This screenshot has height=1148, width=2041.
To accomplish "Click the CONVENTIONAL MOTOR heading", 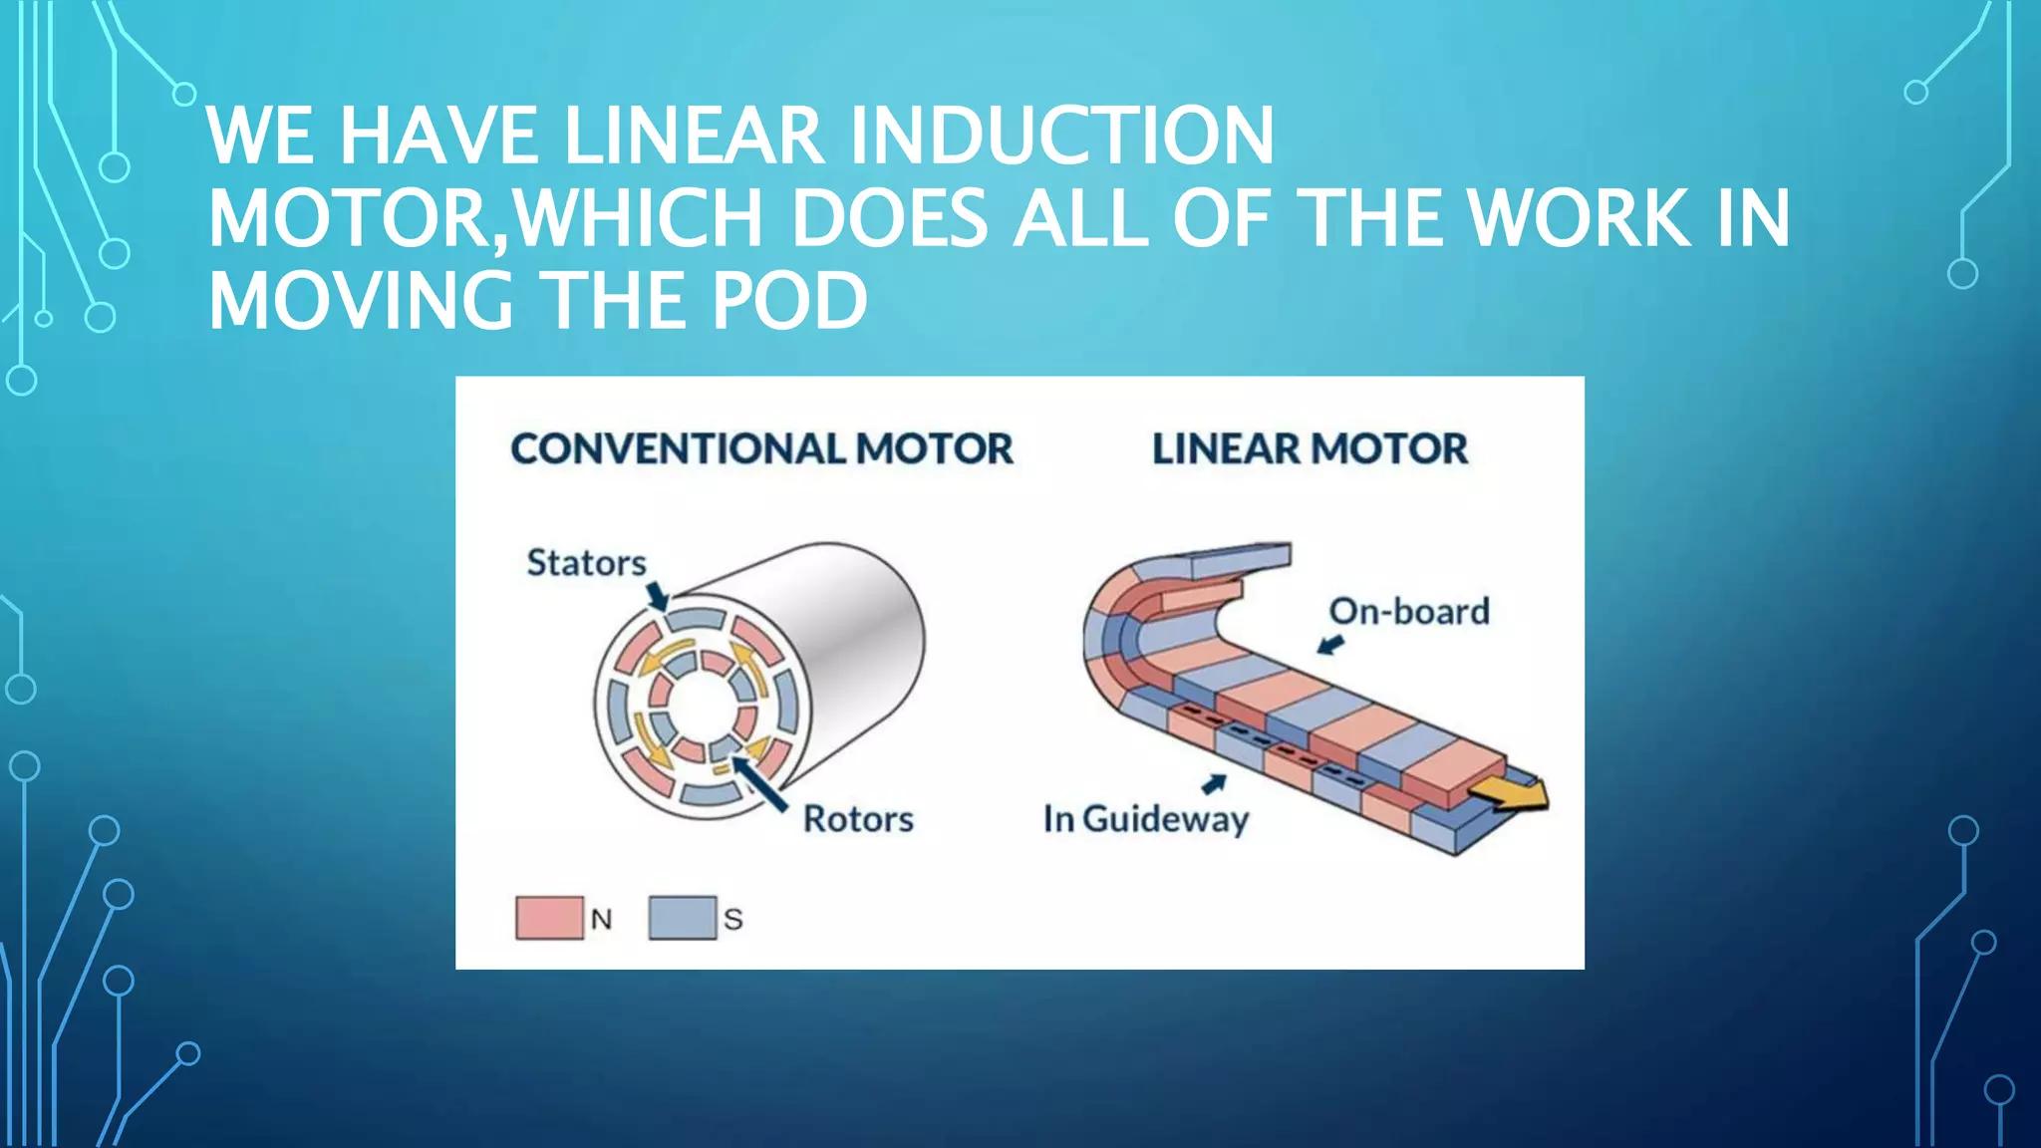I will tap(761, 449).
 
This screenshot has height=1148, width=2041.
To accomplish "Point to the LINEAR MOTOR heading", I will tap(1310, 449).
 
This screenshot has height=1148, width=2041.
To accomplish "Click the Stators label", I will tap(586, 563).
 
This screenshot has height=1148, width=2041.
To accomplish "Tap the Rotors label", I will tap(858, 819).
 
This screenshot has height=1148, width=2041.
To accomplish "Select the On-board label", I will tap(1409, 611).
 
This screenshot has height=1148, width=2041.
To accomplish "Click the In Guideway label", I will tap(1145, 819).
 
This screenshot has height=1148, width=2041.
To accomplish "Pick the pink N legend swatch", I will tap(549, 918).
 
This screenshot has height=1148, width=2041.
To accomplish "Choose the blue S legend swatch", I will tap(682, 918).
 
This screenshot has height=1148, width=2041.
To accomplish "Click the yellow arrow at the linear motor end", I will tap(1511, 793).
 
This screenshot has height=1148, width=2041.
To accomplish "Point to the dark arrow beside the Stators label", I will tap(657, 596).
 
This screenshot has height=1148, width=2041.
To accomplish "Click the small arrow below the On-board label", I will tap(1330, 645).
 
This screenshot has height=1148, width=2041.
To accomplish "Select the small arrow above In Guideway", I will tap(1214, 784).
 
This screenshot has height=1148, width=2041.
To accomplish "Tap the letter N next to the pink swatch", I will tap(601, 919).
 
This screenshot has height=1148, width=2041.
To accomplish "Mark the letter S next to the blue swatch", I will tap(733, 919).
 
